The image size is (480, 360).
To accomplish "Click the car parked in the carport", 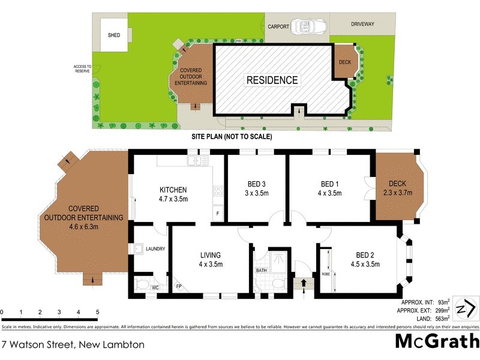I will [307, 26].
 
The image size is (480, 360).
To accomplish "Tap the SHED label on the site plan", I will [114, 35].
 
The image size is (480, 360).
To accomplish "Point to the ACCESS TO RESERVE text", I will [82, 69].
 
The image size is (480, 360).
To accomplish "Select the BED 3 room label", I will [256, 184].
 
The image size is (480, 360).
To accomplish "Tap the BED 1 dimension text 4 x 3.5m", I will [331, 193].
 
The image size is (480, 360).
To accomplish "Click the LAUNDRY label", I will [155, 249].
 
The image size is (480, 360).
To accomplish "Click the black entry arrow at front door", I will [302, 282].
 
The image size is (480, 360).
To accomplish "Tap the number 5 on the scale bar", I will [97, 313].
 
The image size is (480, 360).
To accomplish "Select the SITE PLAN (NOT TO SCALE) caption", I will [232, 137].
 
